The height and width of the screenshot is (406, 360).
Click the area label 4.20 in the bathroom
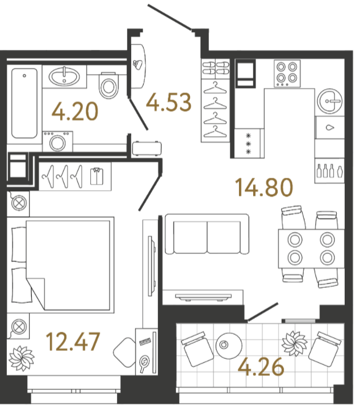(75, 111)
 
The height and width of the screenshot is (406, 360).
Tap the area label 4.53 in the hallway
(169, 102)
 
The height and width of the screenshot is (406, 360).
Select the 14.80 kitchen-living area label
(264, 187)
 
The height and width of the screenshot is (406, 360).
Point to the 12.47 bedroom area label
(73, 342)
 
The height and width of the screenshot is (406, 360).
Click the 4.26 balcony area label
(261, 367)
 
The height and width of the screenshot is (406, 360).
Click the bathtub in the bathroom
(24, 103)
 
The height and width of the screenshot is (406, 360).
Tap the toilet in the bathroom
(108, 85)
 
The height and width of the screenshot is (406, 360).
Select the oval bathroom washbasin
(65, 77)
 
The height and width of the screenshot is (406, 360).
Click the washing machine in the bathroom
(57, 141)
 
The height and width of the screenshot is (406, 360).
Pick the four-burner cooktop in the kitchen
(287, 73)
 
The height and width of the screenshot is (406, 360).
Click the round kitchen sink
(330, 101)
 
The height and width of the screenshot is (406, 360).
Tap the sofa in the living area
(207, 234)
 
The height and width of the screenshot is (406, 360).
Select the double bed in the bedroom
(63, 265)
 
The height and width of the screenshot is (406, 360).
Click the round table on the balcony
(229, 346)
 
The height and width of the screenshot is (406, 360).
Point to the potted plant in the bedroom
(22, 359)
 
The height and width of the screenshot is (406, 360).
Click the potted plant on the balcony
(295, 344)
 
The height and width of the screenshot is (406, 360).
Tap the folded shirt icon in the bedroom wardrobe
(97, 177)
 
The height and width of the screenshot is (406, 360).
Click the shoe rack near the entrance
(215, 69)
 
